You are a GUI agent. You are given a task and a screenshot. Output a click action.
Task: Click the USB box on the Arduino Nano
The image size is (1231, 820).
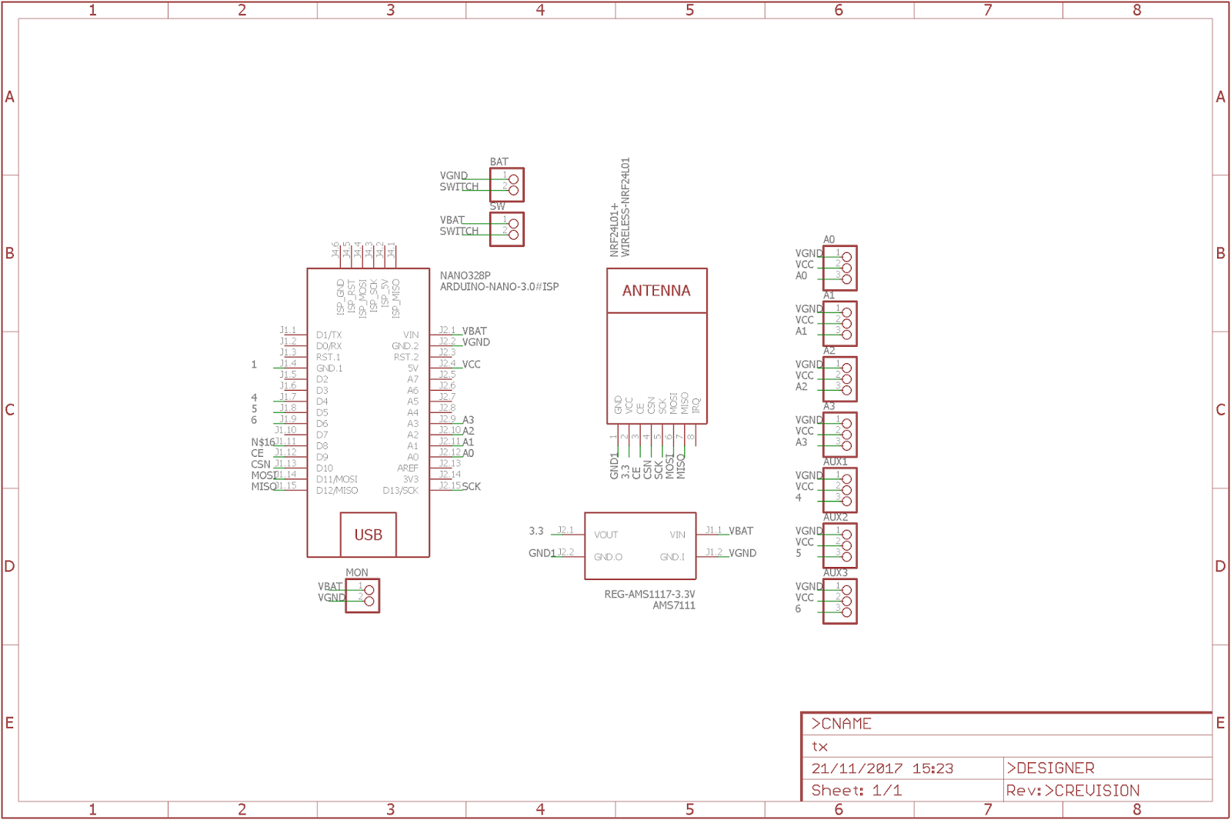click(x=368, y=535)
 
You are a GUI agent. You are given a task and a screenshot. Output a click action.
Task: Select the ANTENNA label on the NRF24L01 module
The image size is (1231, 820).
click(x=656, y=291)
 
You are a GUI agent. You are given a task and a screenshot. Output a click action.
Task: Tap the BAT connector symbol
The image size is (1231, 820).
click(x=507, y=185)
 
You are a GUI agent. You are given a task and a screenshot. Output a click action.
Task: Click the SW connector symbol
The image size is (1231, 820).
click(x=507, y=229)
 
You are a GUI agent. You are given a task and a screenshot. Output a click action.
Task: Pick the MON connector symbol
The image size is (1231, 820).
click(x=362, y=595)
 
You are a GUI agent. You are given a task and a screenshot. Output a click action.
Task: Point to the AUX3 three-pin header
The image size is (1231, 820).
click(x=840, y=602)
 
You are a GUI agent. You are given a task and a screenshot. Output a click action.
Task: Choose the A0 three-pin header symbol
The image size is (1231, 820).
click(x=840, y=268)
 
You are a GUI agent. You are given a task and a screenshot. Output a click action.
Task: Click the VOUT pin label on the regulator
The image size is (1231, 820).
click(x=605, y=535)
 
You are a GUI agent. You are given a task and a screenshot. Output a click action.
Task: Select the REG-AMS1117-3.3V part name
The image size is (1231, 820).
click(x=649, y=595)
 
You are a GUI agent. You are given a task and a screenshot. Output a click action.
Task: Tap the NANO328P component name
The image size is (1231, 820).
click(x=465, y=275)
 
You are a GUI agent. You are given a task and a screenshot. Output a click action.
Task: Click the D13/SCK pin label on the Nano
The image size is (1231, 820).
click(x=400, y=491)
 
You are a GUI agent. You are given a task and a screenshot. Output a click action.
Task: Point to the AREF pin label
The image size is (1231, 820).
click(x=408, y=468)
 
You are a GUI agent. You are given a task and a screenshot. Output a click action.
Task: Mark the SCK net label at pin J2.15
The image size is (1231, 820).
click(x=471, y=487)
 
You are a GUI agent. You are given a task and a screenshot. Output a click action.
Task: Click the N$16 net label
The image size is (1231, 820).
click(x=262, y=442)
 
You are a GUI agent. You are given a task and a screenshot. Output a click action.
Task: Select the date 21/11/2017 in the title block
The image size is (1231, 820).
click(x=856, y=768)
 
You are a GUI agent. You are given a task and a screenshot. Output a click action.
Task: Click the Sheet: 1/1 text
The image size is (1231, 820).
click(x=856, y=791)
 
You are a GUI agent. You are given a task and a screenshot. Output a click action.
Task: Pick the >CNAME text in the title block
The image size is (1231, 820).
click(x=841, y=724)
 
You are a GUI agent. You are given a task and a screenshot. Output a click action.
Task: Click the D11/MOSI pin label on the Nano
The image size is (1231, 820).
click(x=336, y=479)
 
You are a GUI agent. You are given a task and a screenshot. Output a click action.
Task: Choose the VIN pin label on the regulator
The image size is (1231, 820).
click(x=677, y=535)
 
